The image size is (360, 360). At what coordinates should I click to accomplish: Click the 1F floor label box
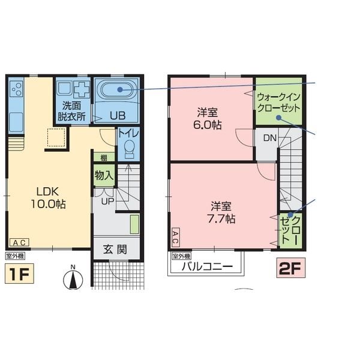(x=19, y=274)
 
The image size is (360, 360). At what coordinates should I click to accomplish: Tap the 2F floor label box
(x=291, y=268)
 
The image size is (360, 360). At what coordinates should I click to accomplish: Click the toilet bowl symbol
(x=129, y=149)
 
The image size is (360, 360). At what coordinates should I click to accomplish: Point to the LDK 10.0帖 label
(x=48, y=197)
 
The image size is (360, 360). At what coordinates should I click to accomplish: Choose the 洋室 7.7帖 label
(x=221, y=212)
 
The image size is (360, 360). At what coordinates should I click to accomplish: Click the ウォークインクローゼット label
(x=279, y=103)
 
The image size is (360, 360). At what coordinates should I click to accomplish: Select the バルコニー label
(x=207, y=266)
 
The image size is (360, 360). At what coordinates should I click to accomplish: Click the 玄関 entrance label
(x=115, y=250)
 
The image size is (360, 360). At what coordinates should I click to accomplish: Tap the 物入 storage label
(x=104, y=176)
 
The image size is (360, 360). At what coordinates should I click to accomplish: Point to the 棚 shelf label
(x=104, y=158)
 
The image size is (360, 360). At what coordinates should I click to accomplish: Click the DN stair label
(x=270, y=138)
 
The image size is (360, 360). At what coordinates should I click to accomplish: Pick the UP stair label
(x=107, y=202)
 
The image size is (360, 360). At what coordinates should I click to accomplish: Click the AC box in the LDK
(x=19, y=242)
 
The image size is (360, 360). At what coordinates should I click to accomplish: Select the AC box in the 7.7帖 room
(x=175, y=238)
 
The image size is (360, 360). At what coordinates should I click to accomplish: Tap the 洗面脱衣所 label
(x=71, y=112)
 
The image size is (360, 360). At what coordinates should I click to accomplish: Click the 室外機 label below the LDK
(x=15, y=256)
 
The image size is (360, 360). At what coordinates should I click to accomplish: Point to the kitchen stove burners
(x=16, y=89)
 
